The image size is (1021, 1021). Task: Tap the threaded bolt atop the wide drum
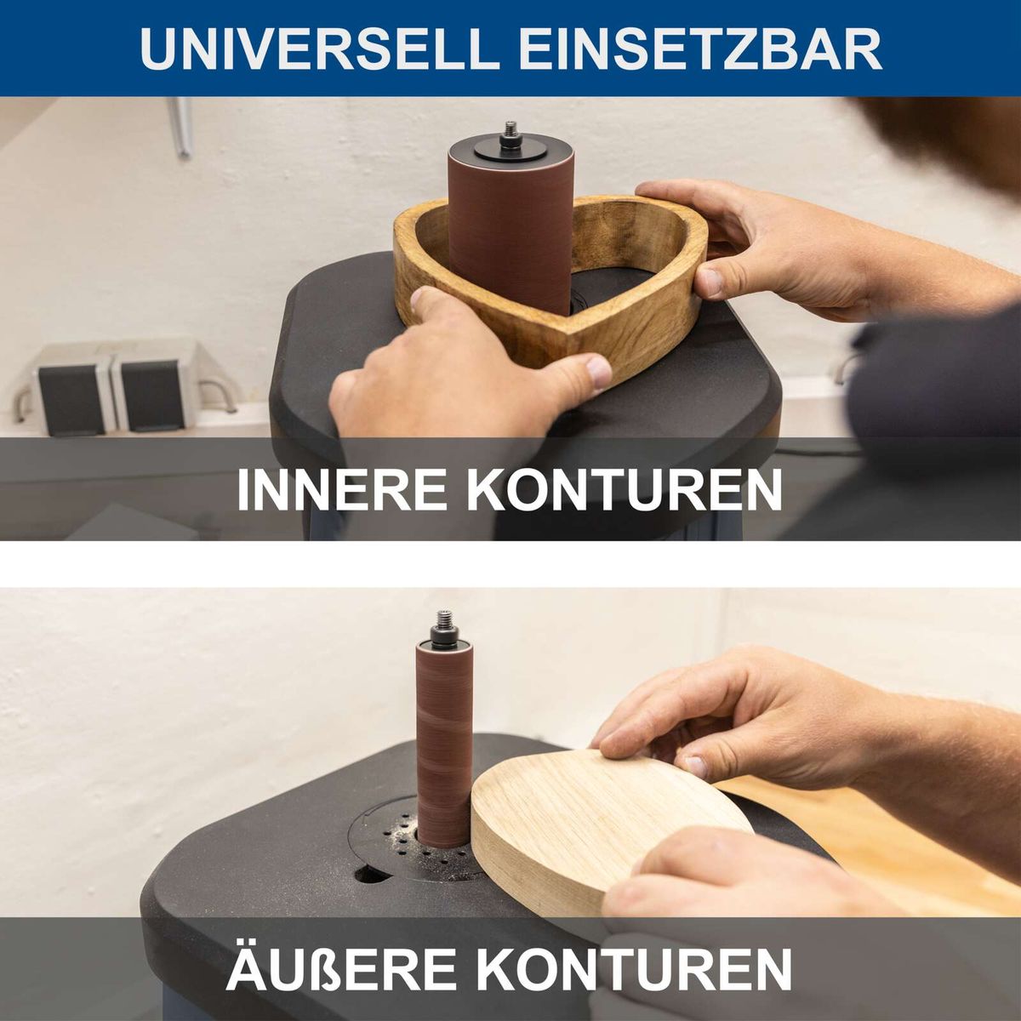point(510,134)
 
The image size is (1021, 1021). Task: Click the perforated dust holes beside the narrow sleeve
point(396,838)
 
